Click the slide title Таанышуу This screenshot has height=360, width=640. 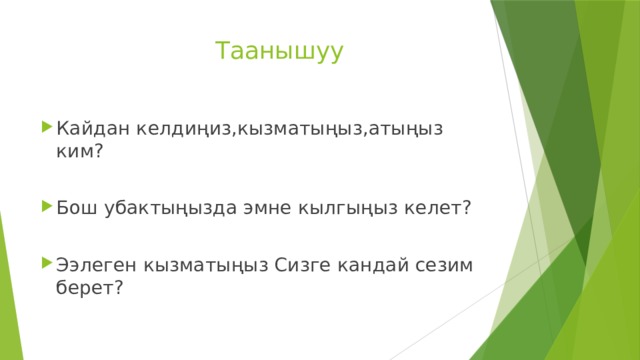point(279,50)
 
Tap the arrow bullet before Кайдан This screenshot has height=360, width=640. point(47,127)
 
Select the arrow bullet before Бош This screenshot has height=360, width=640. point(47,207)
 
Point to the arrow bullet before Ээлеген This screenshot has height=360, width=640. point(47,263)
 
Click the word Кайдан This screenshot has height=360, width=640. point(89,128)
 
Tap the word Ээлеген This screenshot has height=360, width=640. point(97,264)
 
